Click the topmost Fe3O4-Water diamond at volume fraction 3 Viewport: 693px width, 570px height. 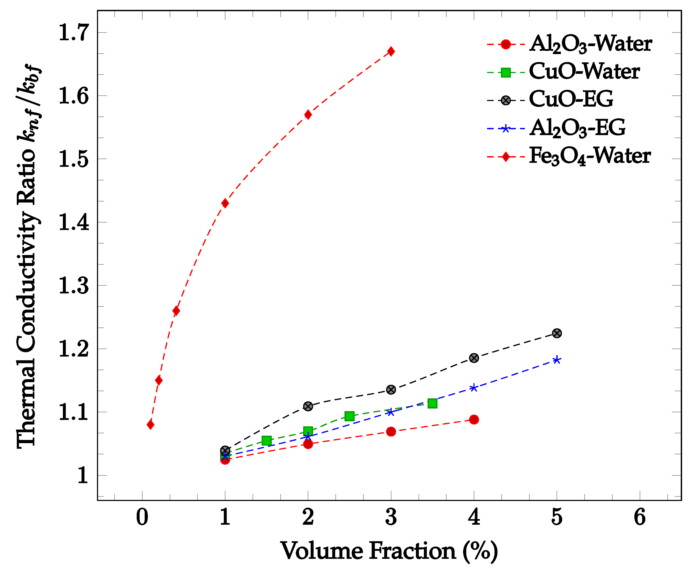(x=391, y=51)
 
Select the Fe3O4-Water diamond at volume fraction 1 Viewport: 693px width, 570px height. (x=225, y=203)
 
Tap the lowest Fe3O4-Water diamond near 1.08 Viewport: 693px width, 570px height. (x=150, y=425)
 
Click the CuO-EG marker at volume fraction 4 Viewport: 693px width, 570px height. (x=474, y=358)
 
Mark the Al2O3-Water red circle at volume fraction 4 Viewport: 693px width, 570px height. (x=474, y=419)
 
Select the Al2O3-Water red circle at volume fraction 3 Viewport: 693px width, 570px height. (x=391, y=431)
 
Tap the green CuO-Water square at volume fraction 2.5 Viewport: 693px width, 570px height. (x=349, y=416)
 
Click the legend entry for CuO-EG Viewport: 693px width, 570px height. (x=570, y=99)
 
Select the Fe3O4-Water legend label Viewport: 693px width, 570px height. (x=590, y=156)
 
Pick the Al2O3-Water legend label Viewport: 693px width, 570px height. (x=590, y=44)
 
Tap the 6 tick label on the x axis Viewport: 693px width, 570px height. (x=639, y=517)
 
